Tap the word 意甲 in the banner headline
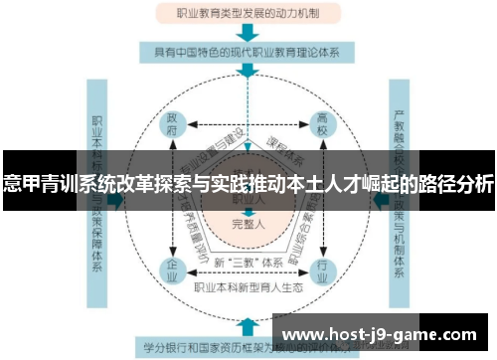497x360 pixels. tap(21, 185)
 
